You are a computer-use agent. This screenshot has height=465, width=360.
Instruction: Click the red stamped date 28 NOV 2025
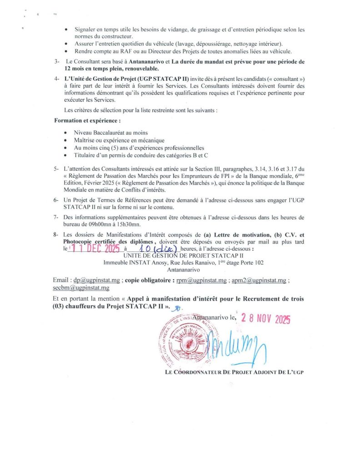(266, 318)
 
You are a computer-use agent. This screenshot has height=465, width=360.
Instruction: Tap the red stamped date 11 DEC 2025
(94, 249)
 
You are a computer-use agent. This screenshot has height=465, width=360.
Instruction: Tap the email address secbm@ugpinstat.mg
(81, 288)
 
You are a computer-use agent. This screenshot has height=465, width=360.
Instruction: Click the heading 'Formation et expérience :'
(88, 121)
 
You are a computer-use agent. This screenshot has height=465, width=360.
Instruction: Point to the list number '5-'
(57, 169)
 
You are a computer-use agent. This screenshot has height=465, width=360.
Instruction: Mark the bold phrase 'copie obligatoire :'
(150, 281)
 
